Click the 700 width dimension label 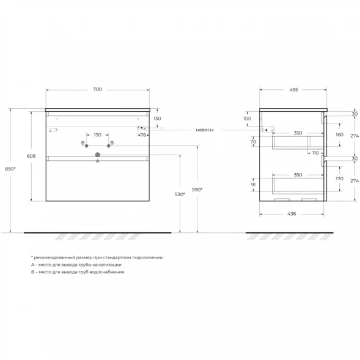tap(98, 89)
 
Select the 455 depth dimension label tap(293, 90)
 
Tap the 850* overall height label tap(10, 169)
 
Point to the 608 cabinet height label tap(31, 156)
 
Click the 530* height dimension tap(180, 194)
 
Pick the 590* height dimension tap(197, 189)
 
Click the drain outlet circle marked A tap(98, 155)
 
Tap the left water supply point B tap(87, 146)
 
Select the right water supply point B tap(109, 146)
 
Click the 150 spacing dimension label tap(98, 134)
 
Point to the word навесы tap(205, 130)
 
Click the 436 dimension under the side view tap(292, 214)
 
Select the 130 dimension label tap(157, 119)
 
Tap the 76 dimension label tap(143, 135)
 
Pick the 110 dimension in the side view tap(315, 153)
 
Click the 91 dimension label tap(253, 185)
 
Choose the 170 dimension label tap(340, 178)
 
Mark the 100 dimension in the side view tap(248, 119)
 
